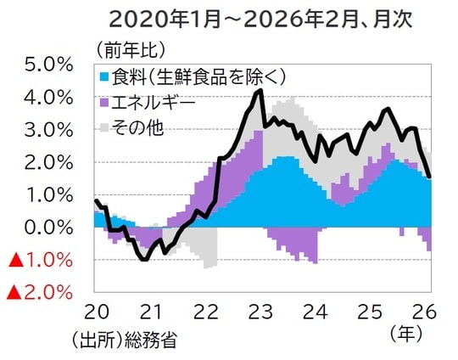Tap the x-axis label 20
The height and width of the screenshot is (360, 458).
pos(94,311)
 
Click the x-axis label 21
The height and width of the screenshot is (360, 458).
pos(150,311)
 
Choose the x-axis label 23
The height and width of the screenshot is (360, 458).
pos(262,311)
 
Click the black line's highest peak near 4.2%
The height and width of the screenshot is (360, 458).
pos(260,90)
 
